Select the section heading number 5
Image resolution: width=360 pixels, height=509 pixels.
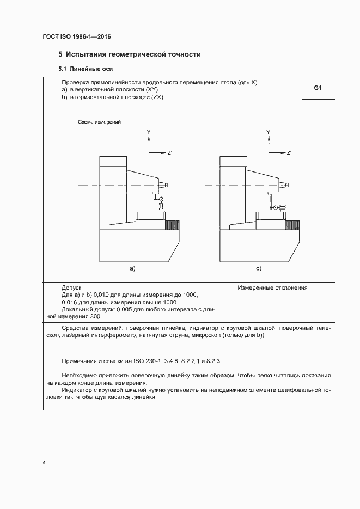[x=60, y=54]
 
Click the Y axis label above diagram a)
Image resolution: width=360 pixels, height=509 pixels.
[x=148, y=132]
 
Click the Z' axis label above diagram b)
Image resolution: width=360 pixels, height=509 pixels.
[x=289, y=153]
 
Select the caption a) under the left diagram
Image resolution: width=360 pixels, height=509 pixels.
[x=132, y=268]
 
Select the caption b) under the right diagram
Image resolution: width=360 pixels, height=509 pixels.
[x=258, y=268]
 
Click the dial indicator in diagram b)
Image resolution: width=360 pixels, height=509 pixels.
[x=276, y=207]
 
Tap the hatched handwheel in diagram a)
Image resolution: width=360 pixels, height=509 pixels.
[x=173, y=224]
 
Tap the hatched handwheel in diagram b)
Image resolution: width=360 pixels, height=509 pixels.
[x=293, y=224]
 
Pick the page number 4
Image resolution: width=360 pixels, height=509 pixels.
[x=44, y=463]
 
